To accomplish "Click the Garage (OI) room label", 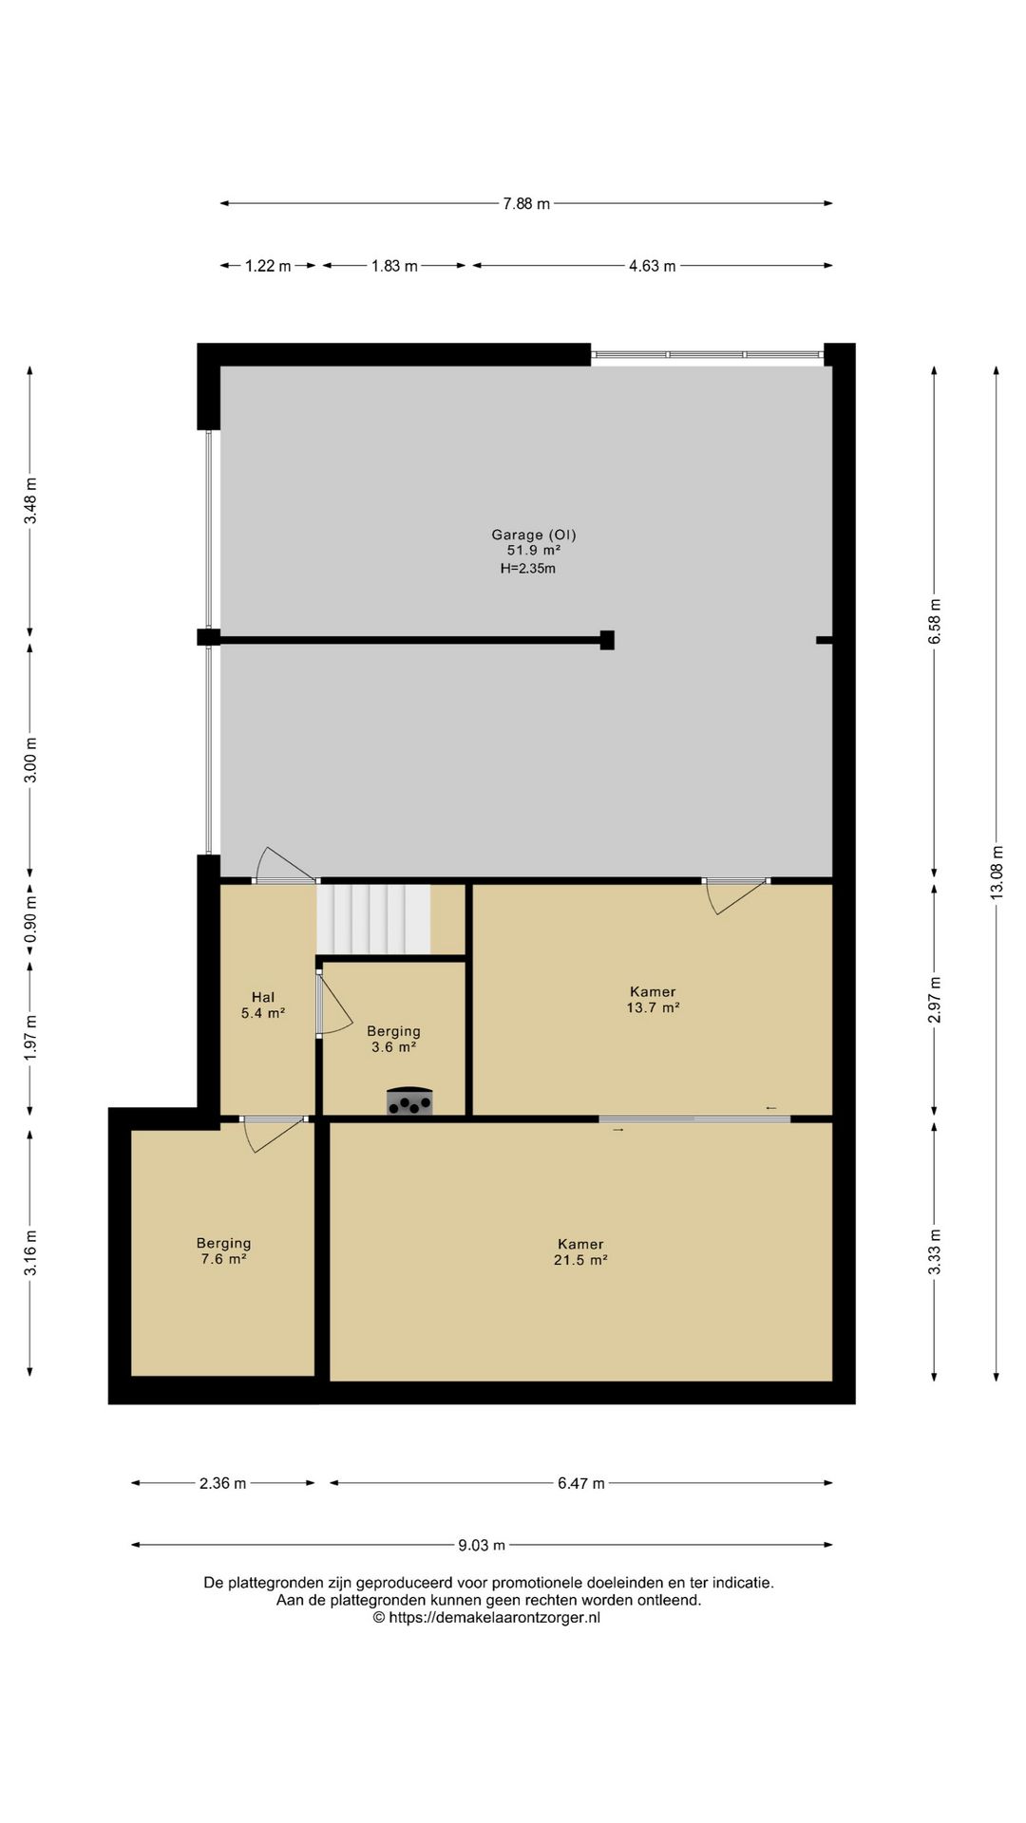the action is click(x=533, y=535).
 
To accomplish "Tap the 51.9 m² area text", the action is click(x=533, y=551).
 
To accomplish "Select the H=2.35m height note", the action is click(x=528, y=569).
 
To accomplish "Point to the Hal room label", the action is click(x=263, y=997).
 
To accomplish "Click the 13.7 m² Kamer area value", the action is click(x=653, y=1008).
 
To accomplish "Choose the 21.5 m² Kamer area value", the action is click(x=580, y=1261).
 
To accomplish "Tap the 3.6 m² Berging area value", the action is click(x=393, y=1047).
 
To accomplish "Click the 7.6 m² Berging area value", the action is click(x=223, y=1259).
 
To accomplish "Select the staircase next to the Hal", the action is click(x=373, y=919).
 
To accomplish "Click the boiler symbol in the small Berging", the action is click(x=409, y=1101).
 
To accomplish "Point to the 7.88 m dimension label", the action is click(x=526, y=204).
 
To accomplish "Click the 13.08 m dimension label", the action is click(x=997, y=873).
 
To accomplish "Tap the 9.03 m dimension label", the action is click(x=482, y=1546).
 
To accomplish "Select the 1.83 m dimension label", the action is click(x=394, y=267).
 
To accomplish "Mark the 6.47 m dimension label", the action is click(x=580, y=1484).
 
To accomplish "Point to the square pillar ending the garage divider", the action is click(x=607, y=640).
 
